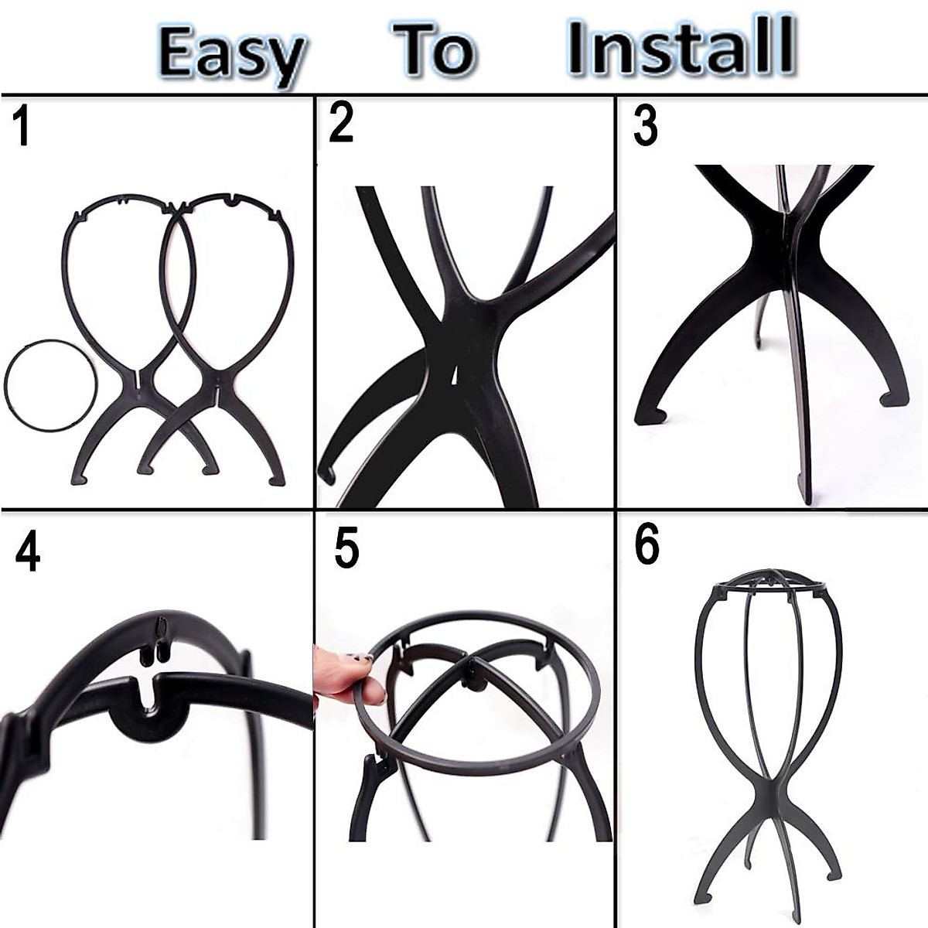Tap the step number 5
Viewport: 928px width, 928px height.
point(346,548)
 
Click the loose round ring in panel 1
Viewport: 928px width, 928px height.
point(51,385)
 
